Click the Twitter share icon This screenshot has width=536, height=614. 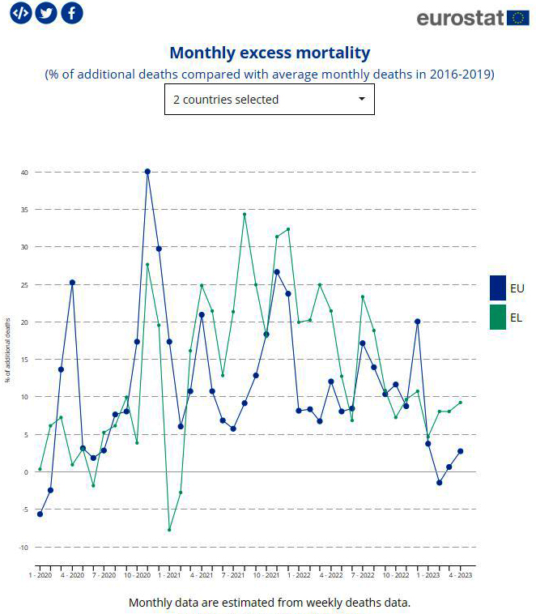tap(46, 13)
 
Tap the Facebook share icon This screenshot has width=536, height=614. tap(72, 13)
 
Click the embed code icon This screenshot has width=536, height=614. tap(20, 13)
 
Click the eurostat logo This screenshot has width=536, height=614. tap(472, 18)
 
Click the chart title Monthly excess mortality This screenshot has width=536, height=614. tap(269, 53)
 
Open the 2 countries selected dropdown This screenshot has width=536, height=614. tap(269, 100)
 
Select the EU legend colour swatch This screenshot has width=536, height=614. tap(498, 288)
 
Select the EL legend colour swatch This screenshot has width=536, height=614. tap(498, 317)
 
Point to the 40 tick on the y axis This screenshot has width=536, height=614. tap(25, 173)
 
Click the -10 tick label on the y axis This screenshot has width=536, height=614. tap(24, 548)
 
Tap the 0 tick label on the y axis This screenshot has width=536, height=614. tap(26, 472)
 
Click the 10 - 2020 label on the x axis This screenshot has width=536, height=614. tap(137, 575)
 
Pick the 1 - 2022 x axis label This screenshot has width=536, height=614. tap(299, 575)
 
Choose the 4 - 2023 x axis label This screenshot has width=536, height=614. tap(460, 575)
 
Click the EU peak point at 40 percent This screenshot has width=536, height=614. tap(147, 172)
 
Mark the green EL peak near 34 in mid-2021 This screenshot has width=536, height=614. tap(244, 214)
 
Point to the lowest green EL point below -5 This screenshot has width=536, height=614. tap(169, 530)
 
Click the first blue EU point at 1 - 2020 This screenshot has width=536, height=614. tap(40, 514)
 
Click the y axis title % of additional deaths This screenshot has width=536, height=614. tap(8, 350)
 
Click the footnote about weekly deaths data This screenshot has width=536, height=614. tap(269, 603)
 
